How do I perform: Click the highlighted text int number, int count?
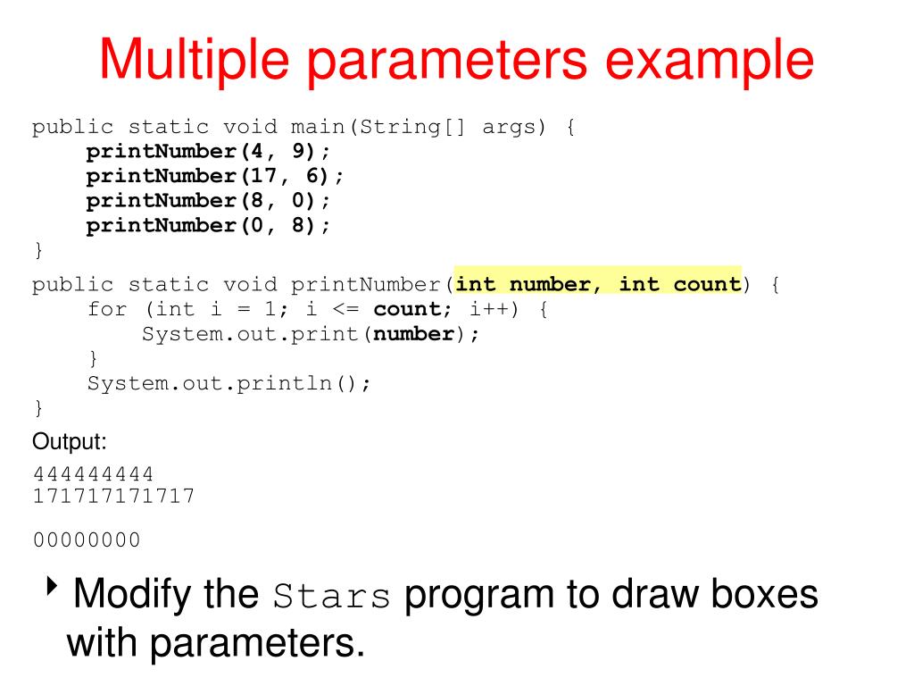coord(598,285)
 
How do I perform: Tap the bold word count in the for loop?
coord(407,310)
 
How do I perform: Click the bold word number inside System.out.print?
coord(414,334)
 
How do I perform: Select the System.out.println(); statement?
coord(228,383)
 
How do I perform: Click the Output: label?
coord(70,442)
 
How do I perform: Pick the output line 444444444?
coord(93,473)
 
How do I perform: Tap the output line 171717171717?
coord(113,495)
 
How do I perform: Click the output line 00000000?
coord(87,540)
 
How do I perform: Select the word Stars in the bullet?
coord(332,596)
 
